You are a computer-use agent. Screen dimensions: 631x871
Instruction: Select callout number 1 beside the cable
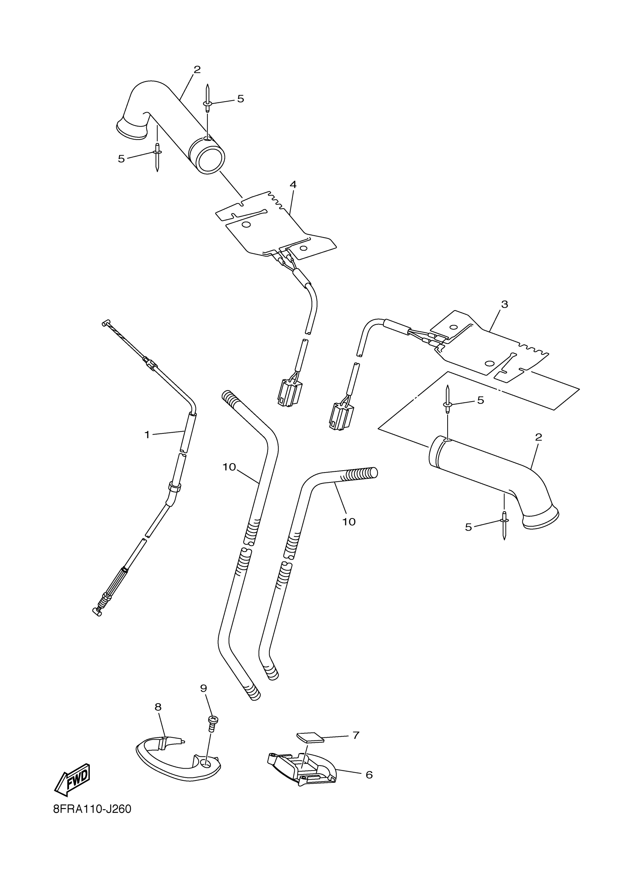[x=147, y=435]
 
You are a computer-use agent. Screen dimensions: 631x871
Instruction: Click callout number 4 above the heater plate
[x=293, y=185]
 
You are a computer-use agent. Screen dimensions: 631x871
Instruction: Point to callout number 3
[x=504, y=305]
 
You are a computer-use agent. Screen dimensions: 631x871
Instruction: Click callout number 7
[x=356, y=736]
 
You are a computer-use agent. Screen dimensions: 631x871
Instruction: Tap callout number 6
[x=369, y=775]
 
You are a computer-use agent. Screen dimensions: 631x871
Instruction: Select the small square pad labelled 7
[x=310, y=738]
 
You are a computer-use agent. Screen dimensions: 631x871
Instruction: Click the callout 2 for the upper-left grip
[x=197, y=70]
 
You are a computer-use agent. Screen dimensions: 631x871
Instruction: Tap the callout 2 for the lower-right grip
[x=538, y=437]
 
